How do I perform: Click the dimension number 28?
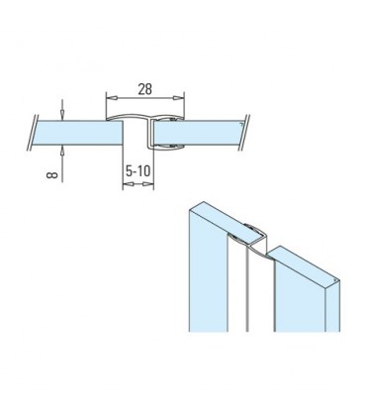[144, 88]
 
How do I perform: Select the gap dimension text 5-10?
[138, 170]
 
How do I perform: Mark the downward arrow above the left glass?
[63, 110]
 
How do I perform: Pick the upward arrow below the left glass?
[63, 150]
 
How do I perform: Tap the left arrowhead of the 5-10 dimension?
[126, 186]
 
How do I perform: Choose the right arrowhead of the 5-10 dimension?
[151, 186]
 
